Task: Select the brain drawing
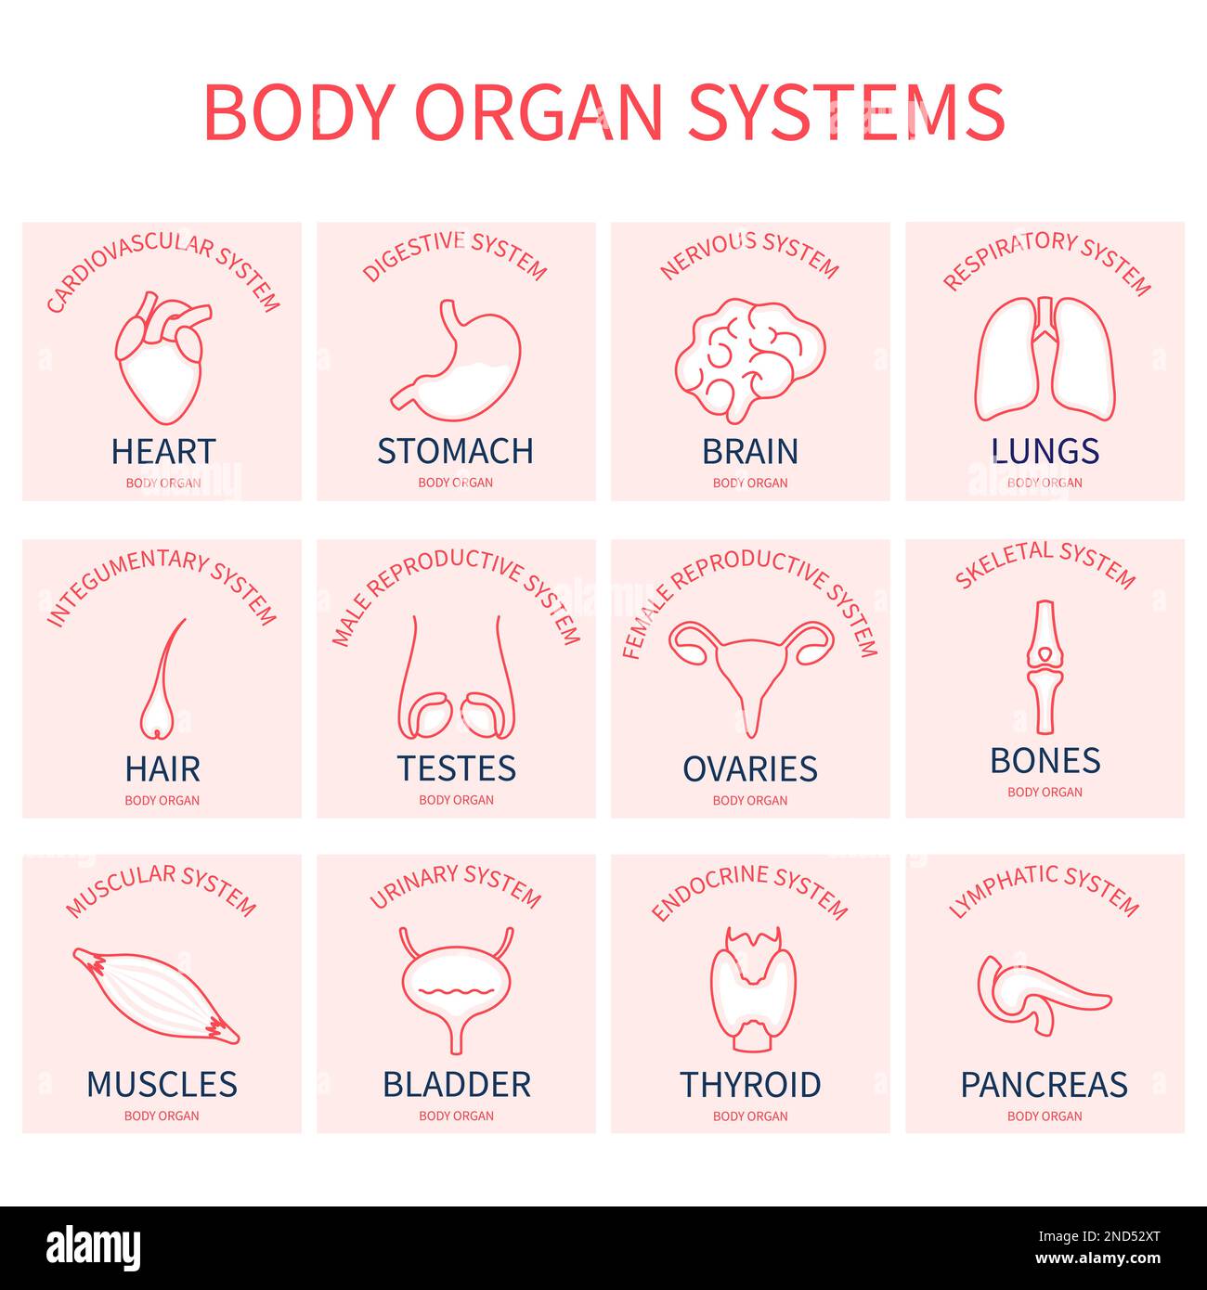[749, 355]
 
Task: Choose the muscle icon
[155, 996]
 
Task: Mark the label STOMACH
[455, 451]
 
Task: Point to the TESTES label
[456, 768]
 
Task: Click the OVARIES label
[750, 769]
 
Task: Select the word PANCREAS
[1045, 1084]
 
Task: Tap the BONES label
[1045, 761]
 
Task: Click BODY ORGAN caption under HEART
[162, 483]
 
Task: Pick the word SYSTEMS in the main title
[846, 112]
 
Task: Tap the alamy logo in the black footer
[93, 1246]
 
